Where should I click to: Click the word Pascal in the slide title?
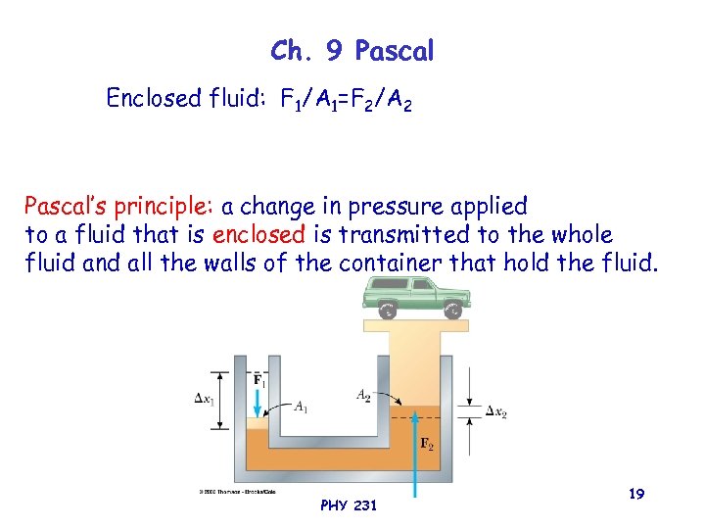[394, 52]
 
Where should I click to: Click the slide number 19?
[636, 496]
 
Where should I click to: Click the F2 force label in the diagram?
[428, 444]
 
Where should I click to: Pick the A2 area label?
[363, 395]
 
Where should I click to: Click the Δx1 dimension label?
[207, 399]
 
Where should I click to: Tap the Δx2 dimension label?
[496, 412]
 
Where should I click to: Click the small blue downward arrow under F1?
[258, 402]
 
